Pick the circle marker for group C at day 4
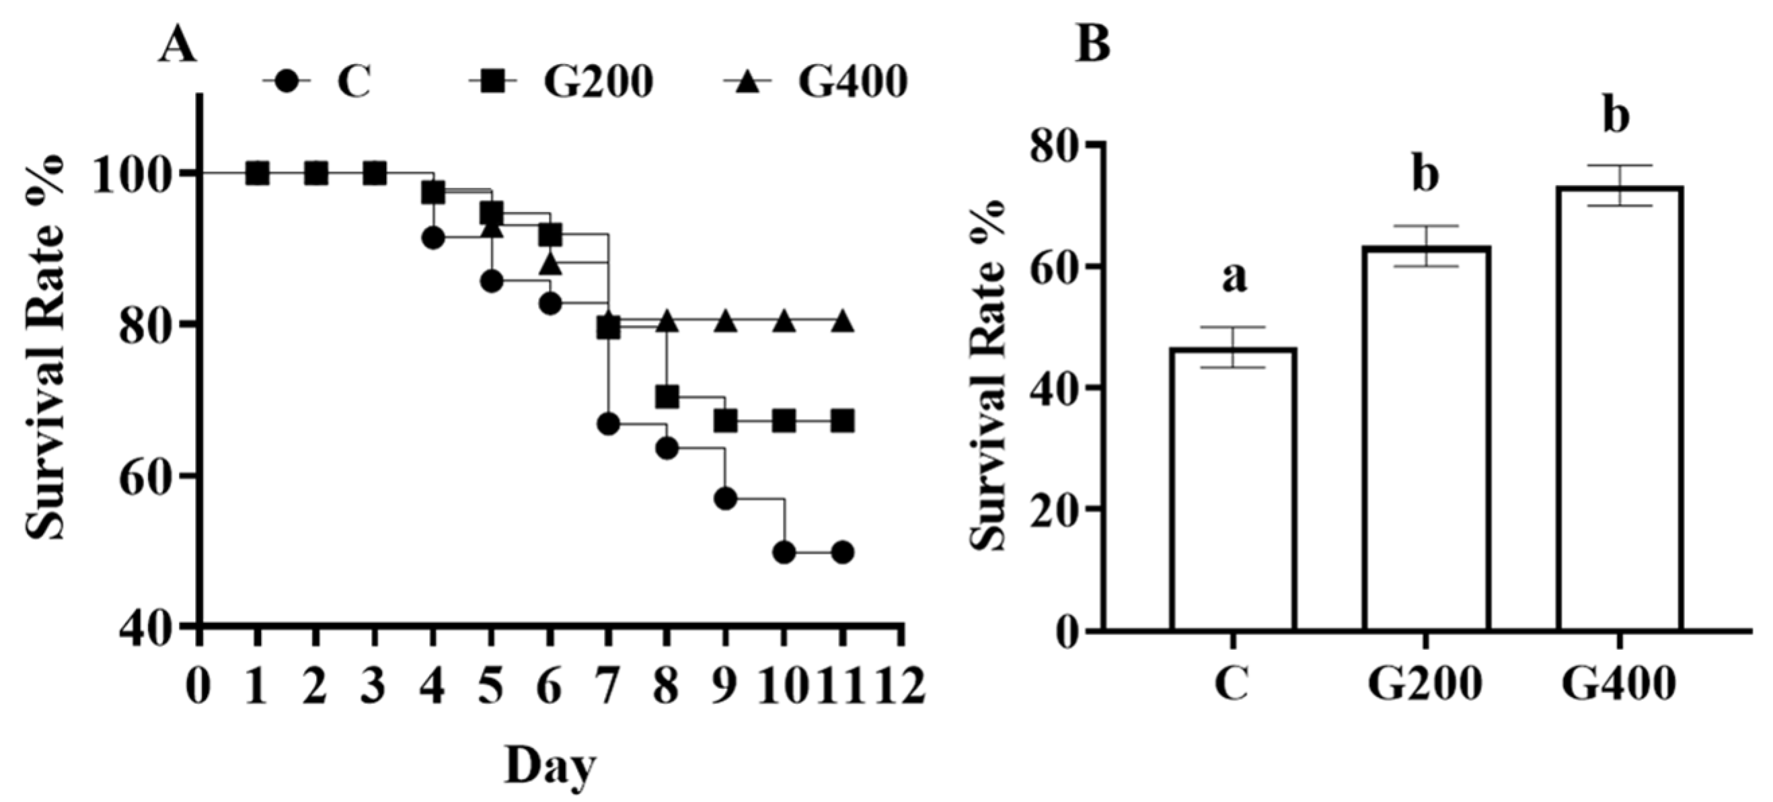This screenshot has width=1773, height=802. tap(433, 238)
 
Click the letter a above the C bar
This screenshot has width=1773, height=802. tap(1235, 277)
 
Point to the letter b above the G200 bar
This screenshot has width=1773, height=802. tap(1425, 175)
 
